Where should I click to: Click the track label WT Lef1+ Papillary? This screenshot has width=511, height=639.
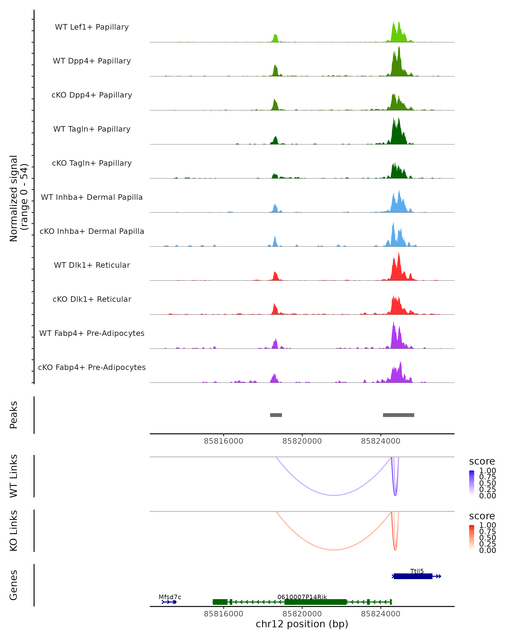92,27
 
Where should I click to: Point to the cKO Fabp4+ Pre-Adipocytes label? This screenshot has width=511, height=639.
92,367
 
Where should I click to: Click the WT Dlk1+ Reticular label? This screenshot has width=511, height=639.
92,265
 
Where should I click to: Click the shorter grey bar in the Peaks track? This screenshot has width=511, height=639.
276,415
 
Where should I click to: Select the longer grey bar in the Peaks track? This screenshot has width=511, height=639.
398,415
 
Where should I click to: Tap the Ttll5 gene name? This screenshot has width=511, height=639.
417,571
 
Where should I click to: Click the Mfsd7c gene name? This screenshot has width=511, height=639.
170,597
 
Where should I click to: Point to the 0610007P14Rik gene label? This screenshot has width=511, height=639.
302,597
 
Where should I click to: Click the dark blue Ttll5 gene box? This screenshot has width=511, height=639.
413,576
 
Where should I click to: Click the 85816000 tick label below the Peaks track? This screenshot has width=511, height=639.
223,441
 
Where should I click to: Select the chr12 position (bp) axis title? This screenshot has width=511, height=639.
302,624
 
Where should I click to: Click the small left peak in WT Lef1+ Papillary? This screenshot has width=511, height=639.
276,39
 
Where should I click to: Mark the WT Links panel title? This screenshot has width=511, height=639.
14,476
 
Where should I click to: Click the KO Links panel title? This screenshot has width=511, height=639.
14,531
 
